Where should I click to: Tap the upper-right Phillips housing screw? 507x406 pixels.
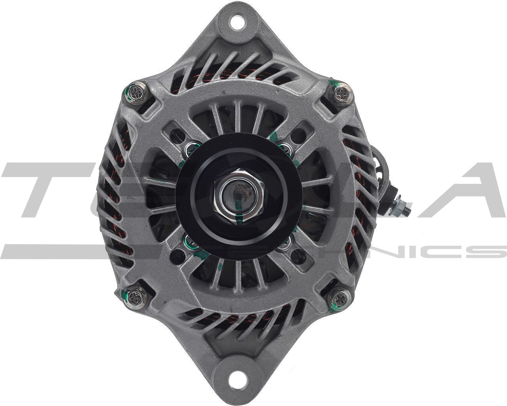(341, 94)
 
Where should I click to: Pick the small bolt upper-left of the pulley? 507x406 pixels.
(191, 149)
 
